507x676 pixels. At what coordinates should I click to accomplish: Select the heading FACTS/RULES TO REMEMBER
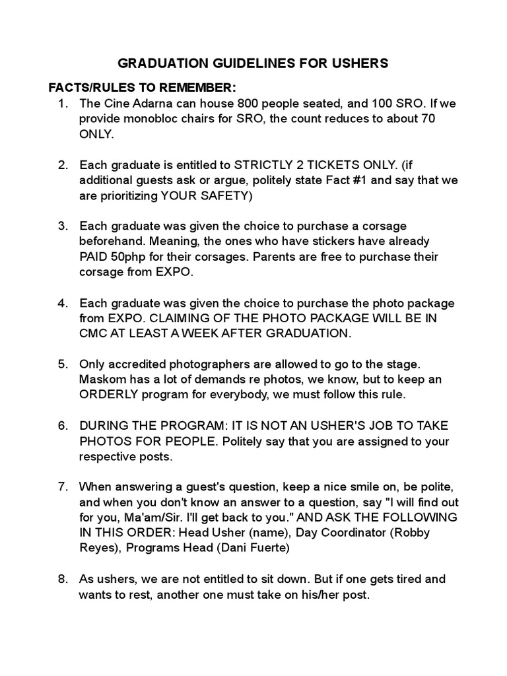[x=142, y=88]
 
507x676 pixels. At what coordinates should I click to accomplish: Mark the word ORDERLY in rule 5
[x=108, y=395]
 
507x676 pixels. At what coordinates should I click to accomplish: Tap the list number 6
[x=62, y=426]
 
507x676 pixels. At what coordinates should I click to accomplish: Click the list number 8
[x=62, y=579]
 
